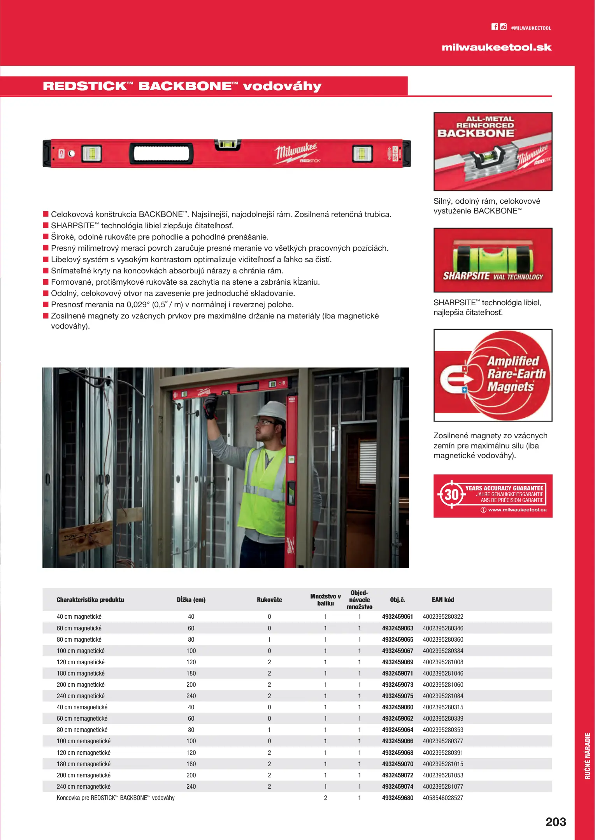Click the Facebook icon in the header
coord(495,27)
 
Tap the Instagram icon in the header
coord(504,27)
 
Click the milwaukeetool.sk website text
coord(497,47)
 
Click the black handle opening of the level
coord(161,153)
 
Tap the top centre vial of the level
coord(227,144)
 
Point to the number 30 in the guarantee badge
coord(451,495)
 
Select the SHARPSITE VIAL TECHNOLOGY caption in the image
coord(493,276)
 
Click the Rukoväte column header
coord(269,600)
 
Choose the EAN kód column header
coord(443,600)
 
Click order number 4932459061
coord(397,616)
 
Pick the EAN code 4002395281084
coord(443,696)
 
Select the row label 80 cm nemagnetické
coord(82,730)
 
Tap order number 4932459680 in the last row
coord(397,798)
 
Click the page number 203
coord(556,822)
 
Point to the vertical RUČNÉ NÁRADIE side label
coord(588,756)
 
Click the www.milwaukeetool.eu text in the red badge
coord(517,510)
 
